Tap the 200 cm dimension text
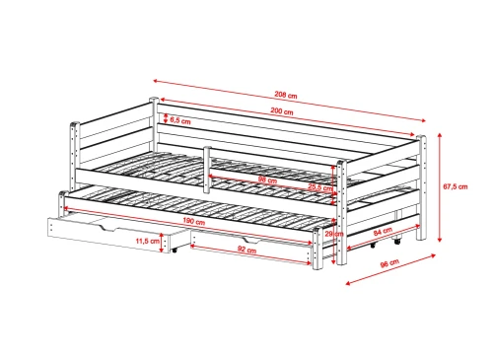click(284, 111)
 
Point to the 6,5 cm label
click(180, 120)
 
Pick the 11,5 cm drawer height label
click(146, 241)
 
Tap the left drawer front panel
click(104, 232)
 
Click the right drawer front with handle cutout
click(254, 251)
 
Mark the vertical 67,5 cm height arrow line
click(440, 187)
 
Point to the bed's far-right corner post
click(421, 187)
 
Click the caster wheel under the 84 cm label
click(395, 241)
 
